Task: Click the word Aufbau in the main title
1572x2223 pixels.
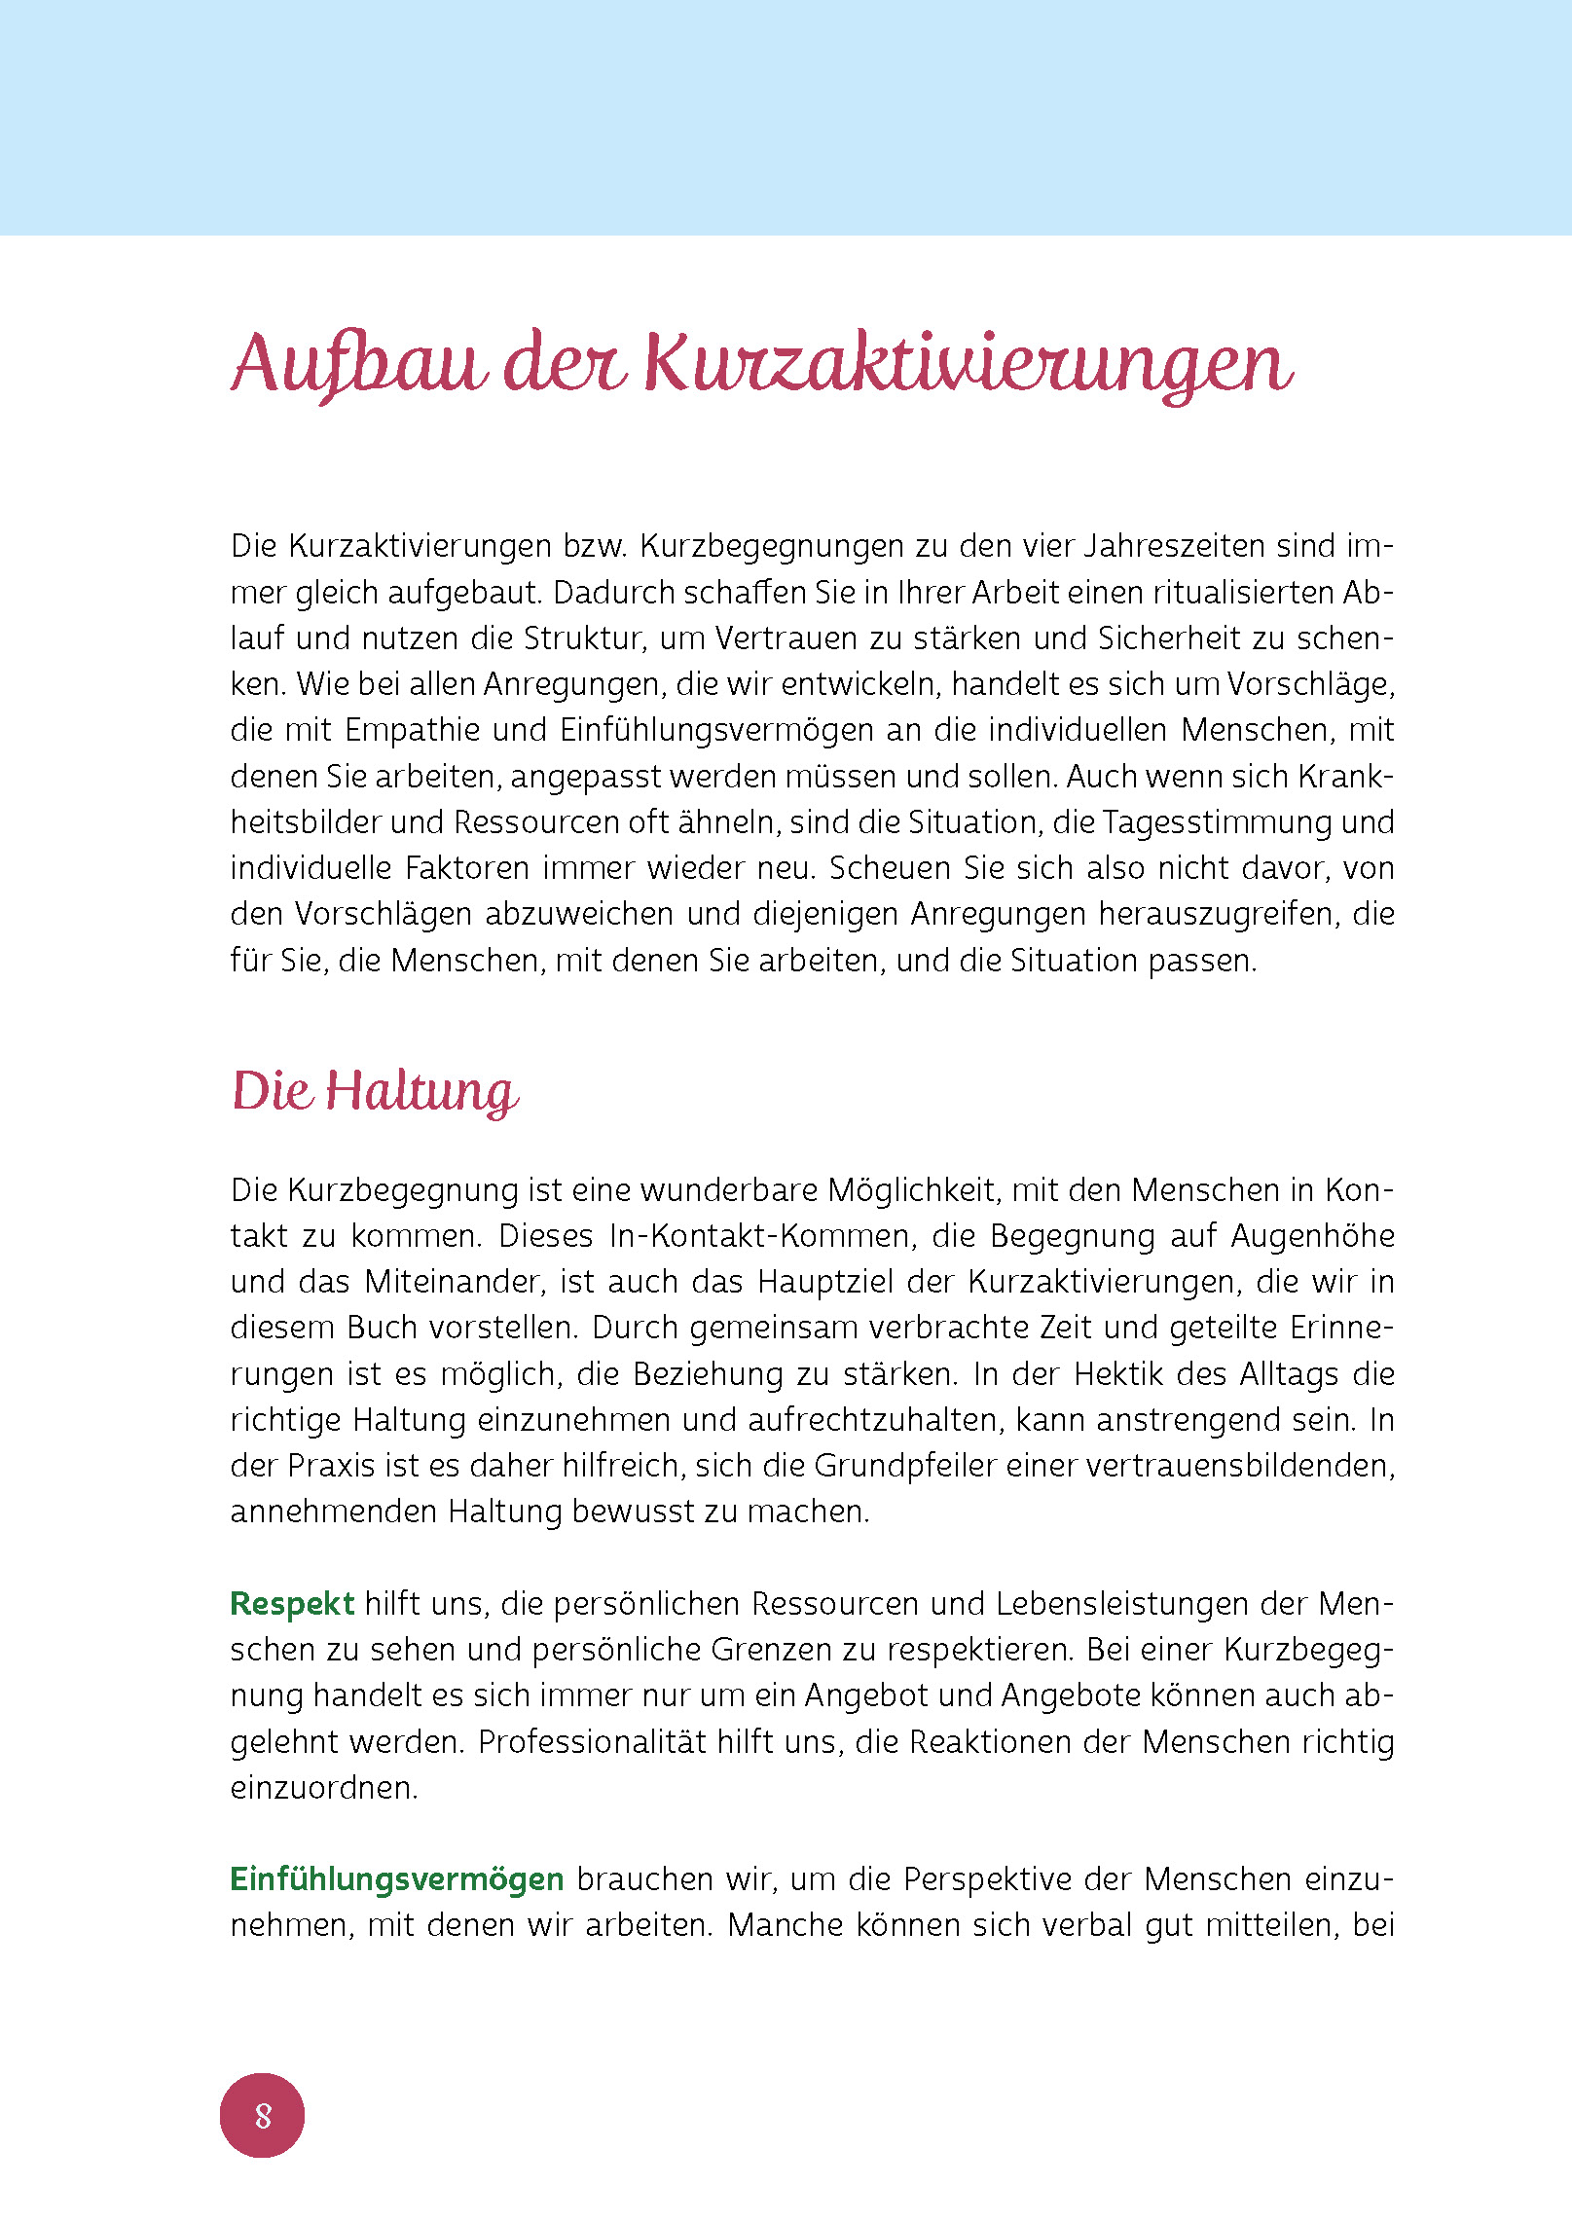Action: click(359, 364)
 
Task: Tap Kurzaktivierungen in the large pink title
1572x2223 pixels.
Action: click(969, 364)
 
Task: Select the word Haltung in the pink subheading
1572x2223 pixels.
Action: click(420, 1091)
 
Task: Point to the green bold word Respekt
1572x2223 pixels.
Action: click(292, 1604)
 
